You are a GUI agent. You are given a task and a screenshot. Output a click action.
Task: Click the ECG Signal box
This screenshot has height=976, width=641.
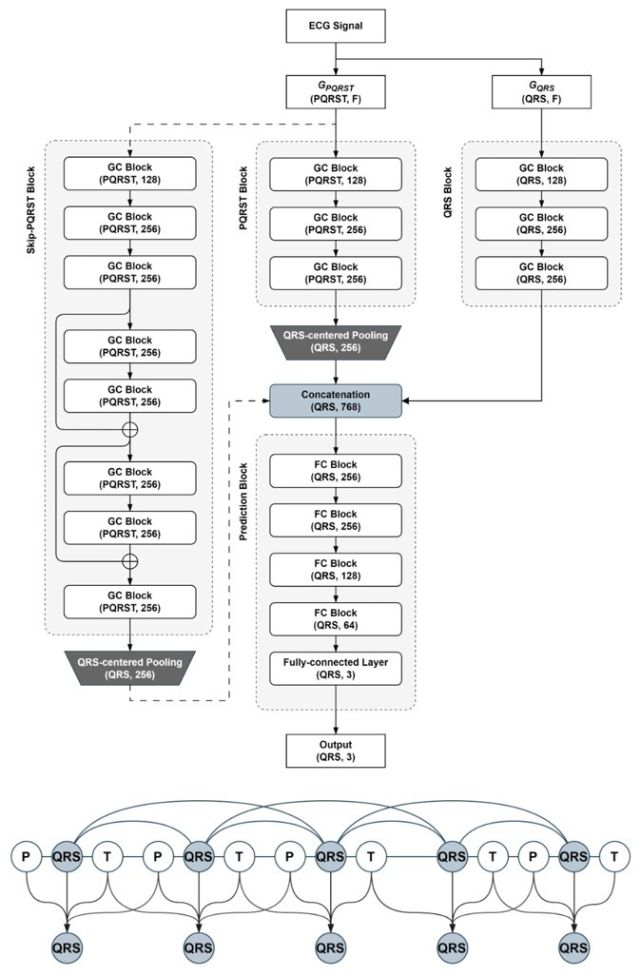coord(336,26)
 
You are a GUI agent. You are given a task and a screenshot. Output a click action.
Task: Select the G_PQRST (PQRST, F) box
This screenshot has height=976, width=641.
coord(336,92)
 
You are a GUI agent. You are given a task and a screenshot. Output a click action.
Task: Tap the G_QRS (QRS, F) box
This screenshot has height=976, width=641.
coord(541,92)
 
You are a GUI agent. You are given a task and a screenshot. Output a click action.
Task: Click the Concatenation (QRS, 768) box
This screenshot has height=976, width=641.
coord(336,400)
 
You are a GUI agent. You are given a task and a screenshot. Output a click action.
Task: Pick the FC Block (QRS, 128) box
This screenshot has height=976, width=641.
coord(336,570)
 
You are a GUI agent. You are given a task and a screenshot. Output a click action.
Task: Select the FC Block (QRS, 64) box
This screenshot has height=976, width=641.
coord(336,618)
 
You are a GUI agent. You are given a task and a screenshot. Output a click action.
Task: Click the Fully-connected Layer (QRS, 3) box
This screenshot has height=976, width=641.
coord(336,669)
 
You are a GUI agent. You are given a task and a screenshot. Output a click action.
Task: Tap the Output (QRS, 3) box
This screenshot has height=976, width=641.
coord(336,751)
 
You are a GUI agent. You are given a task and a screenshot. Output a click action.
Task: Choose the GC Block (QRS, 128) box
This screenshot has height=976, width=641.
coord(541,174)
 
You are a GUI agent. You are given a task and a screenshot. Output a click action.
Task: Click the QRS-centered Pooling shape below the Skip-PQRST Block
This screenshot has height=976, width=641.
coord(129,669)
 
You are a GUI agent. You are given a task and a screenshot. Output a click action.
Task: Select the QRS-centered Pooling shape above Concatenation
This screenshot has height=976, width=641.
coord(336,342)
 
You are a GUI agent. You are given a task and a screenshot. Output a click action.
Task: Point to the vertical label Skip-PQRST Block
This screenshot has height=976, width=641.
coord(31,210)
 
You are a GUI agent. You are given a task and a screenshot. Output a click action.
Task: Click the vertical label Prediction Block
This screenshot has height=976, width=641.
coord(243,501)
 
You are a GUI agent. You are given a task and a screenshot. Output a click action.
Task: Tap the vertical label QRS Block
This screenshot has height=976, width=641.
coord(448,192)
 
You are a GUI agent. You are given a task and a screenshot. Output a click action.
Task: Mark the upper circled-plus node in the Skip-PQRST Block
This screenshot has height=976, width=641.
coord(129,429)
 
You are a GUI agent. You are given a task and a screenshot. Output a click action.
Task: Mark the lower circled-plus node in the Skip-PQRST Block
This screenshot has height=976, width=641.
coord(129,561)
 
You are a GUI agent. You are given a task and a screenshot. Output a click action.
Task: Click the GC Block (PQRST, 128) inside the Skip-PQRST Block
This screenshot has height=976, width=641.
coord(129,174)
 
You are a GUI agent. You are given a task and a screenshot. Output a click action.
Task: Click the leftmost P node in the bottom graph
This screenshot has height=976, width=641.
coord(26,857)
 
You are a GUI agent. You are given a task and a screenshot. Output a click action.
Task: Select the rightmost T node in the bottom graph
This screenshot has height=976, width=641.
coord(614,857)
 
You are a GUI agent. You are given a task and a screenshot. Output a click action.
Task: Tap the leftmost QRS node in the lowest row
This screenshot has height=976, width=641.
coord(67,948)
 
